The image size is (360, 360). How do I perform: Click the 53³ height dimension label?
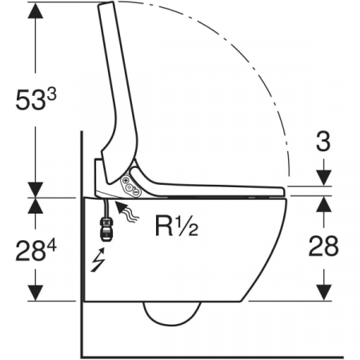(x=36, y=99)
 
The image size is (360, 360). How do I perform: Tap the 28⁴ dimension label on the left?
(x=36, y=250)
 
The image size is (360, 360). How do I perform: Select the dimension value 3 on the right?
(x=323, y=142)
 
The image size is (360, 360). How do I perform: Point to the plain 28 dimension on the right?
(x=323, y=246)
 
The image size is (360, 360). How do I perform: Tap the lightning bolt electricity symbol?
(x=98, y=260)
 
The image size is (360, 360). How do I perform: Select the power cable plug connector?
(x=106, y=230)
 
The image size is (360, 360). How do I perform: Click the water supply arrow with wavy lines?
(x=126, y=211)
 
